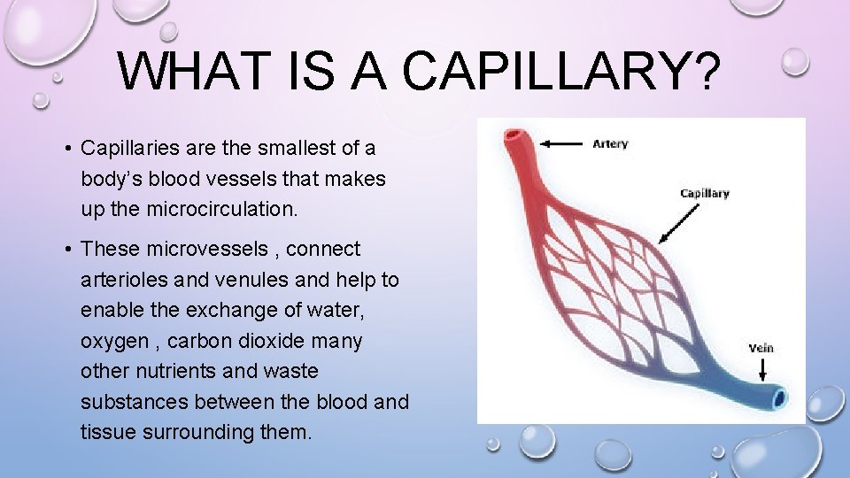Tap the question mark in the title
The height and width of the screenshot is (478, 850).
pos(705,71)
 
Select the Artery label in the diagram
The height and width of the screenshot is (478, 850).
pos(610,143)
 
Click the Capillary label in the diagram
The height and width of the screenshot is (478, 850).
pos(704,193)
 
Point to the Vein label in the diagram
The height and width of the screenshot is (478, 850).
pos(761,348)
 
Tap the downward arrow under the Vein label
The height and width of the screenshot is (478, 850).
pos(761,369)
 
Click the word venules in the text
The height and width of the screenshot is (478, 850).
pos(241,280)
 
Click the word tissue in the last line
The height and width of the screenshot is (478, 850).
pos(104,432)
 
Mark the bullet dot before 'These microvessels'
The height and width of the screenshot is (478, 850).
pos(67,250)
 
